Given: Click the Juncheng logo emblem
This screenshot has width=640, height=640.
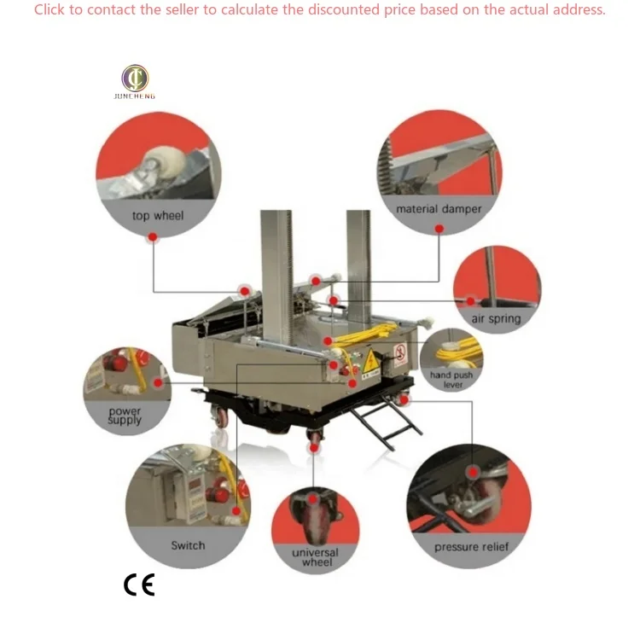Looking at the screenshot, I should coord(135,78).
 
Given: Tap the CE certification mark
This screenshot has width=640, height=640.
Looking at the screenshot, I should coord(139,585).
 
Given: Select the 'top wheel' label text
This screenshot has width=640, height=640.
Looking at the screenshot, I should coord(158,216).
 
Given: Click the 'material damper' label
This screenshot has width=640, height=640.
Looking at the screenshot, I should coord(439,209).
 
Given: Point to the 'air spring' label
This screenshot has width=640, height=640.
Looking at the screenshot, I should coord(496,319).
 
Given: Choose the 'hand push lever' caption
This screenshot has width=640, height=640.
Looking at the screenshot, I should coord(451,380).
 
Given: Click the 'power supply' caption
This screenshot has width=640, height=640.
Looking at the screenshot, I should coord(125,416).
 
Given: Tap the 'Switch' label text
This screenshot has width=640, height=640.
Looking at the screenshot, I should coord(188,545).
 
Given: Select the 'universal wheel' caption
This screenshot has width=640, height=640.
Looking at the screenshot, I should coord(315,557).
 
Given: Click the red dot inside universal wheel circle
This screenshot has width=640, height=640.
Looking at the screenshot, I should coord(314,500).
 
